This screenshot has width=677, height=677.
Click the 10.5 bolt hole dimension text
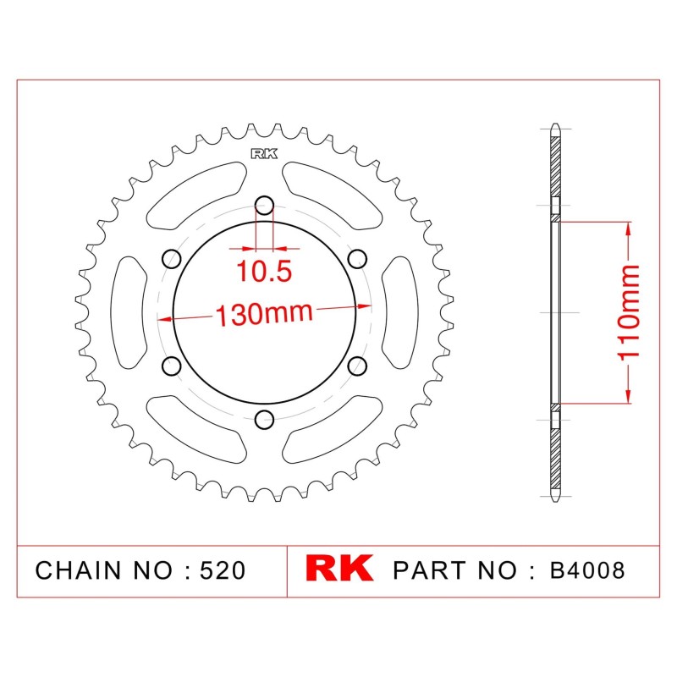[x=264, y=271]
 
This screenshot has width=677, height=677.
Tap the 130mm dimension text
[x=264, y=314]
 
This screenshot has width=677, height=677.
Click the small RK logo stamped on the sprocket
[x=264, y=154]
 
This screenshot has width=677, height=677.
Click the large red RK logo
[x=339, y=568]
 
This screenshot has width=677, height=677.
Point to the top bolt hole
[x=264, y=206]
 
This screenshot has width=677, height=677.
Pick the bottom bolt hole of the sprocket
[x=264, y=419]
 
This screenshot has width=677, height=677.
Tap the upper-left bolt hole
[x=172, y=259]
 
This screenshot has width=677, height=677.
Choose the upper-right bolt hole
[x=357, y=259]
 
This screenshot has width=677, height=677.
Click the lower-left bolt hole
[x=172, y=366]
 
